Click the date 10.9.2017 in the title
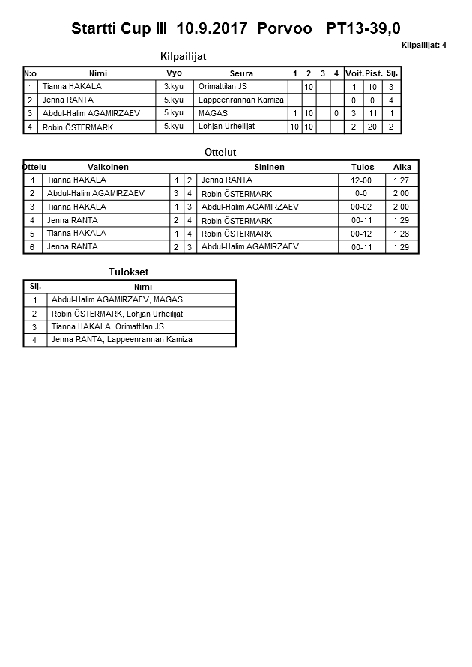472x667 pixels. click(212, 29)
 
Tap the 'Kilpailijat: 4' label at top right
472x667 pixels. click(424, 46)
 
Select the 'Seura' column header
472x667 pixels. click(241, 73)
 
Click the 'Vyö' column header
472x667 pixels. click(174, 73)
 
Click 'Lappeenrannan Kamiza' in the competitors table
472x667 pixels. click(240, 100)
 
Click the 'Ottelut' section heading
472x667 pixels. click(220, 153)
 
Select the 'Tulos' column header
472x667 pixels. click(363, 167)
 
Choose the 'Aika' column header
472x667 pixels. click(402, 167)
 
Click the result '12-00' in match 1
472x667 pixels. click(362, 180)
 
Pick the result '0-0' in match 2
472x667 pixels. click(362, 194)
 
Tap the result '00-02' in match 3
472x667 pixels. click(362, 207)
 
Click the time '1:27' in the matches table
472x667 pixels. click(401, 180)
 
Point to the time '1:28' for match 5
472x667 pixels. click(401, 234)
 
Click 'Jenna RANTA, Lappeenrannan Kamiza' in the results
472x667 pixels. click(121, 340)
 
